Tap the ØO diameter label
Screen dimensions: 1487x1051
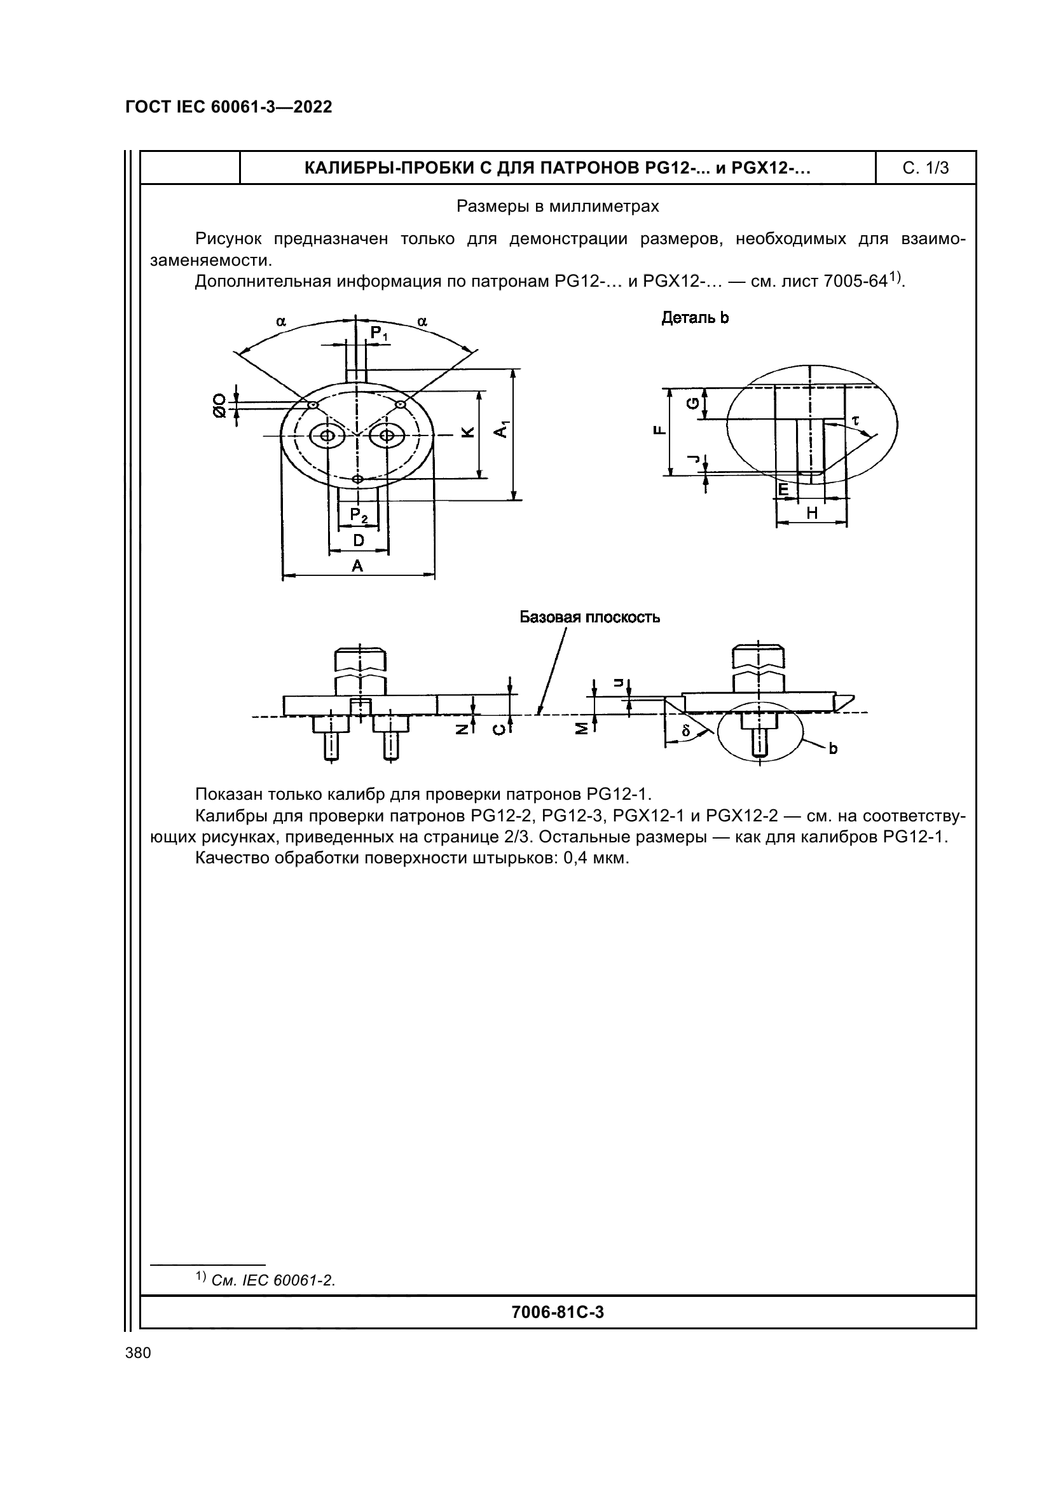pyautogui.click(x=220, y=406)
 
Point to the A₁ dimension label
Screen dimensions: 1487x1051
pyautogui.click(x=502, y=428)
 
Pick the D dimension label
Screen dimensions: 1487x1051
pyautogui.click(x=358, y=540)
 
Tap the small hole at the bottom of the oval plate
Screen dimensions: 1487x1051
pyautogui.click(x=357, y=479)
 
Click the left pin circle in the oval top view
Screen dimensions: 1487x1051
pyautogui.click(x=327, y=435)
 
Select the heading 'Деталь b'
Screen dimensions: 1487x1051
pyautogui.click(x=695, y=318)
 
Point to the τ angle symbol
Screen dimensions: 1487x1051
pyautogui.click(x=855, y=420)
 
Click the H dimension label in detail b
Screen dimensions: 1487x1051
pyautogui.click(x=812, y=513)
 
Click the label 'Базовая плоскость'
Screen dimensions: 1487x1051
pyautogui.click(x=589, y=617)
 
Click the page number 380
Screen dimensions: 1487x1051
pyautogui.click(x=138, y=1352)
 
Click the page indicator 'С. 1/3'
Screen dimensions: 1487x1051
pyautogui.click(x=925, y=168)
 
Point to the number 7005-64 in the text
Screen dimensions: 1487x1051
pyautogui.click(x=854, y=282)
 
